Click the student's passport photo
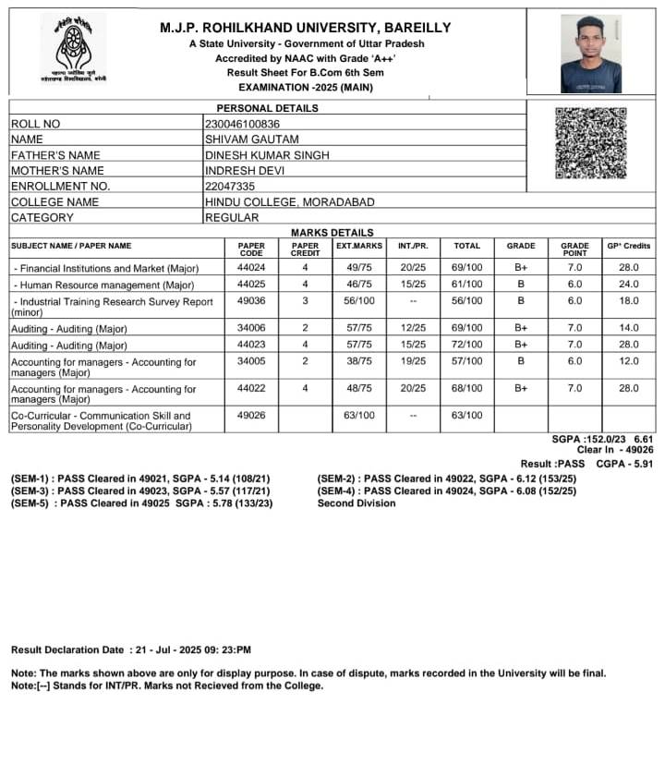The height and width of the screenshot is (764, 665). pyautogui.click(x=591, y=54)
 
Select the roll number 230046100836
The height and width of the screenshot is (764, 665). pyautogui.click(x=242, y=124)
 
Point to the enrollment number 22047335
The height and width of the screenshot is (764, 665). pyautogui.click(x=230, y=186)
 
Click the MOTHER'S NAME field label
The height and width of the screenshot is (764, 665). pyautogui.click(x=57, y=171)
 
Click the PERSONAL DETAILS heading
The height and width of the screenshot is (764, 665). pyautogui.click(x=267, y=108)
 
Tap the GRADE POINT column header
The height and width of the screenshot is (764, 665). pyautogui.click(x=574, y=249)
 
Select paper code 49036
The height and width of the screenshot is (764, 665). pyautogui.click(x=251, y=301)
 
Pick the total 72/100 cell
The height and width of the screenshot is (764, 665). pyautogui.click(x=467, y=345)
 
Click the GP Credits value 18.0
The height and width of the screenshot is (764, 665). pyautogui.click(x=629, y=301)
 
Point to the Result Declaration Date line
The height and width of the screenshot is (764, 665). pyautogui.click(x=131, y=650)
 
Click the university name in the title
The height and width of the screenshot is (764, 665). pyautogui.click(x=305, y=28)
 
